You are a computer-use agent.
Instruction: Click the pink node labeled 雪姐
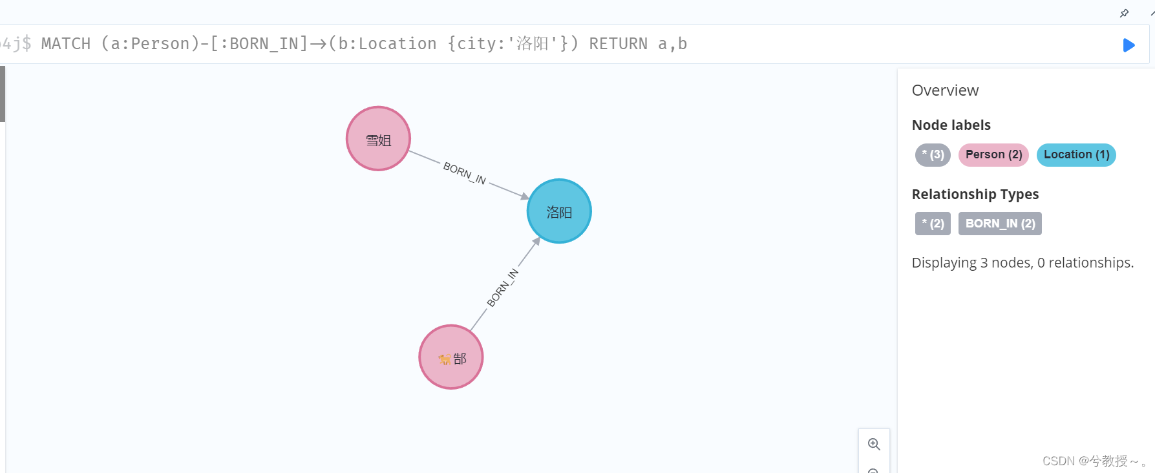378,139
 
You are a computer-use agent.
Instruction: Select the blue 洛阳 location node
559,211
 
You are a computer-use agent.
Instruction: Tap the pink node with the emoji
451,357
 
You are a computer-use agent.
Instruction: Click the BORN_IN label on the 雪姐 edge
465,173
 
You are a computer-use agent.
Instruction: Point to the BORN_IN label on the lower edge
502,288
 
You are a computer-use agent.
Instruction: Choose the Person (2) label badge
993,155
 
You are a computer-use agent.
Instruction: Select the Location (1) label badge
1076,155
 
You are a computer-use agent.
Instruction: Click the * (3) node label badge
933,155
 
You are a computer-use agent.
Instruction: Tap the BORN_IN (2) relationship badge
1000,224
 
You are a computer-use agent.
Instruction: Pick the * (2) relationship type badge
933,224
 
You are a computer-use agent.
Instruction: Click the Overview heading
945,90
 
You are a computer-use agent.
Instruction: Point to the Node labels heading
951,125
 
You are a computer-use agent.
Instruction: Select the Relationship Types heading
975,194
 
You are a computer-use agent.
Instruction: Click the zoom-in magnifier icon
874,445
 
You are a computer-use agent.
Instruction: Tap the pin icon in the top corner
1125,13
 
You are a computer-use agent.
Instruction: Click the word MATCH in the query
66,44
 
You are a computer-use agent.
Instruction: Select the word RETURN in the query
618,44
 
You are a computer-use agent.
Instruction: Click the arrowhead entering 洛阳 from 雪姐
525,196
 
